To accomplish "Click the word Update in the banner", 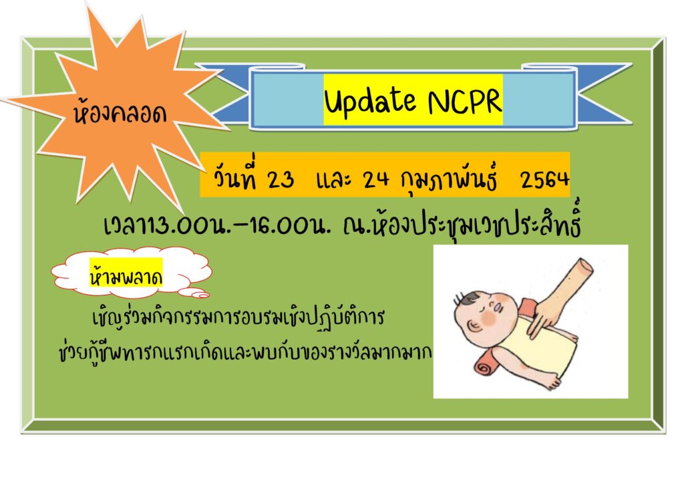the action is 369,101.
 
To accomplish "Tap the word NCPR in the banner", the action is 465,101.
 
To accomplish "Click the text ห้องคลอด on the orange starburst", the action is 120,113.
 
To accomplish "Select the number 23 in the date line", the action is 281,179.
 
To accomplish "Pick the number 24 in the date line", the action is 375,178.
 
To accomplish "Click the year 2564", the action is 544,179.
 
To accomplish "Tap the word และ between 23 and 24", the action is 334,179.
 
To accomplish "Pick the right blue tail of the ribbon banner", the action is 605,94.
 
